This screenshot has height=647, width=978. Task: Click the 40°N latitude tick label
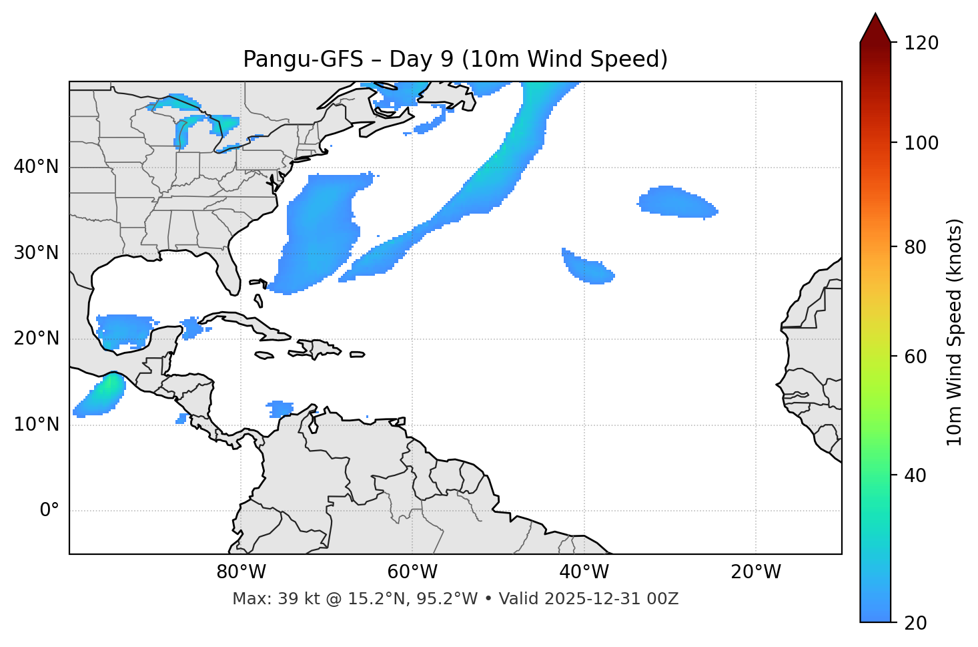(36, 167)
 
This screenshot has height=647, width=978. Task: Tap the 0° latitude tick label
(49, 511)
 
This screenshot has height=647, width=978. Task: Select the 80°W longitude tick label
(241, 572)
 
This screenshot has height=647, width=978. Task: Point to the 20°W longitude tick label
(756, 572)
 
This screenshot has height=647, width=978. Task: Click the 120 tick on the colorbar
(922, 43)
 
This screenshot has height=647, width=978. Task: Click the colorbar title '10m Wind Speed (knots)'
(955, 333)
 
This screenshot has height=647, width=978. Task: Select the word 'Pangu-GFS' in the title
(303, 59)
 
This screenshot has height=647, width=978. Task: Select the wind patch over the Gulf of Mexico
(125, 329)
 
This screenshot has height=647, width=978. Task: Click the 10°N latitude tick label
(36, 425)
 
